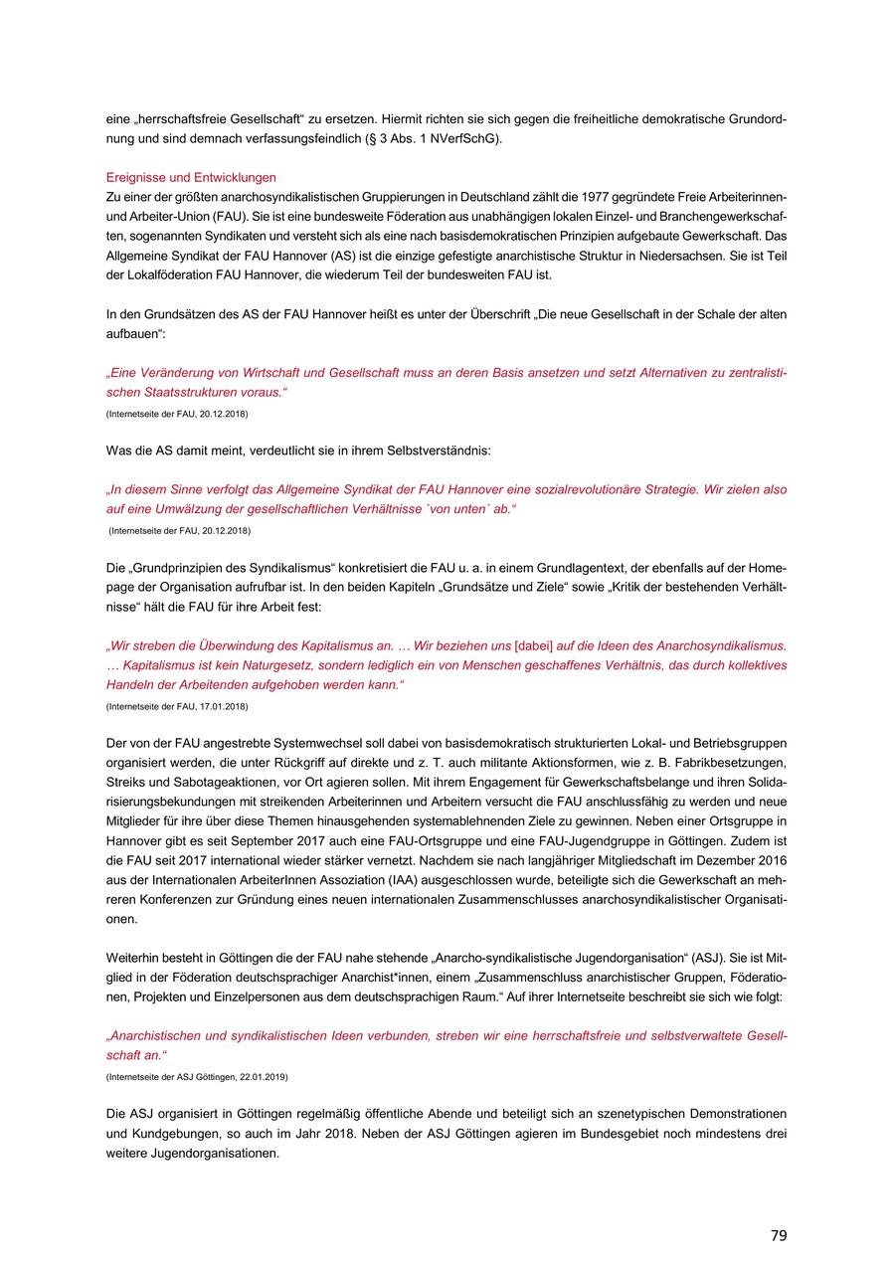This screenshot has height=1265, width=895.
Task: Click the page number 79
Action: (x=778, y=1235)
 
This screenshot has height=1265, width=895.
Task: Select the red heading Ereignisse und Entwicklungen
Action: (x=191, y=177)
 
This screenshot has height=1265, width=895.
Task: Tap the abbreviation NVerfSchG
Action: (x=467, y=138)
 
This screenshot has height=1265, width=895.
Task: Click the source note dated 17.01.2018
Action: (x=177, y=706)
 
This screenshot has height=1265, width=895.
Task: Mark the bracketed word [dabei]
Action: (x=534, y=645)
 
